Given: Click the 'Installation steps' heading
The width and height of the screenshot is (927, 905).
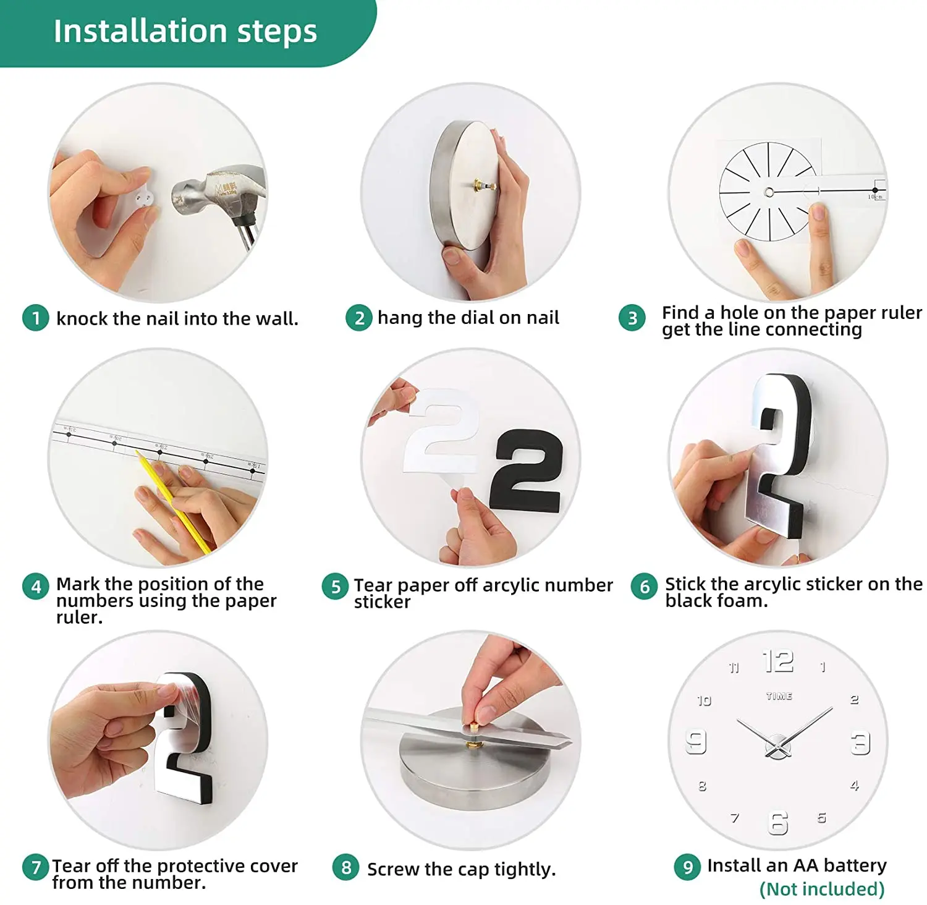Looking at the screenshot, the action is coord(185,31).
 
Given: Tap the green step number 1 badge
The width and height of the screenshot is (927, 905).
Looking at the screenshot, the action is coord(36,318).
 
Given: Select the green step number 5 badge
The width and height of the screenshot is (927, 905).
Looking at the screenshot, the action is coord(336,587).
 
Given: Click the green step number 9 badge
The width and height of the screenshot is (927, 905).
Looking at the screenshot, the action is coord(688,867).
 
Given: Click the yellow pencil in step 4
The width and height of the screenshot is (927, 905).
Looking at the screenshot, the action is coord(173,501).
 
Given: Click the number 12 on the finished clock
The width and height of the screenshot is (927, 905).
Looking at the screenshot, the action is coord(778,661).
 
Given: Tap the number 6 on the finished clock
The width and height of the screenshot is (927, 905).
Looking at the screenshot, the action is coord(778,823).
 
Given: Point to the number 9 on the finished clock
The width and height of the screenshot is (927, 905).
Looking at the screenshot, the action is coord(696,742).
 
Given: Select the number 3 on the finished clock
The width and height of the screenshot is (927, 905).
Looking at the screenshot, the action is coord(860,743).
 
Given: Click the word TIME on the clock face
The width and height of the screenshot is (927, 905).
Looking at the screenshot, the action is coord(779,696).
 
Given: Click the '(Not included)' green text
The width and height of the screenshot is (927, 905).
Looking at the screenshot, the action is coord(822,889).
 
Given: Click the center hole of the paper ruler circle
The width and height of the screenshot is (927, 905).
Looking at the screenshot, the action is coord(769,192).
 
